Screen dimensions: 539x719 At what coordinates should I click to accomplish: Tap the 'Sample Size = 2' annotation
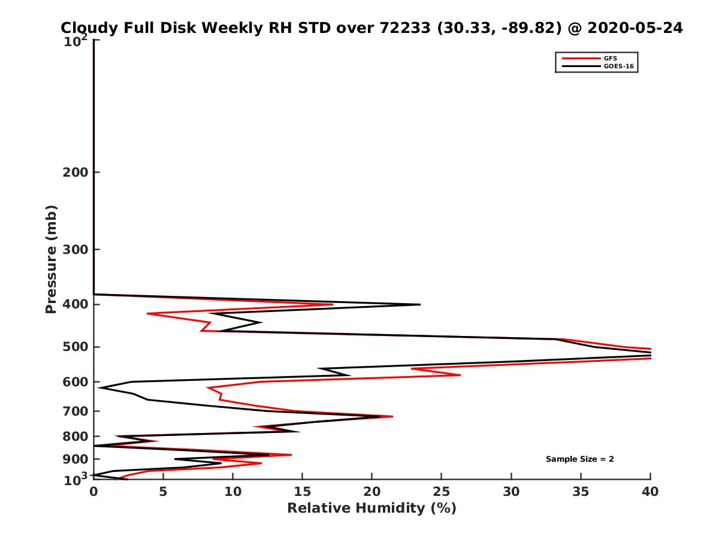(x=579, y=459)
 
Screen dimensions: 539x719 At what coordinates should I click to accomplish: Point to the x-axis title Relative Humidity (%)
(x=371, y=508)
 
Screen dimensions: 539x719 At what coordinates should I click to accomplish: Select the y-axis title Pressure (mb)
(x=51, y=259)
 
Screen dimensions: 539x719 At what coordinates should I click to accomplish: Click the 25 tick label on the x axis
(x=442, y=492)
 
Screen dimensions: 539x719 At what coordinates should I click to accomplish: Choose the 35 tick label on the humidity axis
(x=581, y=492)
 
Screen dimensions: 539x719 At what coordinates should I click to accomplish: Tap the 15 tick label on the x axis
(x=303, y=492)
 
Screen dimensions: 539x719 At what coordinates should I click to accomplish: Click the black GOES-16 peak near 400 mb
(x=419, y=304)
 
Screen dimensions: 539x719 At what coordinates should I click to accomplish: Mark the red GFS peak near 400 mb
(x=333, y=304)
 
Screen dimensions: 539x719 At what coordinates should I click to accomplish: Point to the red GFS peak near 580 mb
(x=460, y=375)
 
